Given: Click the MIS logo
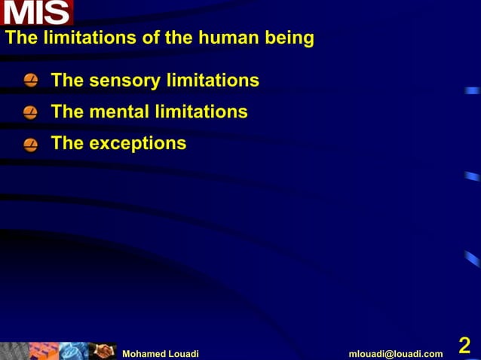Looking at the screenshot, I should (x=37, y=13).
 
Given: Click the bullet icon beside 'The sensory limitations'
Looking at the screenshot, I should (x=30, y=81).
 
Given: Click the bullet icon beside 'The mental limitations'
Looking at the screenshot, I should (x=30, y=113).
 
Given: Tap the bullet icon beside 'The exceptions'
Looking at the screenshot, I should (x=30, y=144).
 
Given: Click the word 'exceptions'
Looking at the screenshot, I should (x=137, y=143).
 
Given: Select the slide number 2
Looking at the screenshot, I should (x=464, y=346).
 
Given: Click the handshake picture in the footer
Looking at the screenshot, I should (x=103, y=351).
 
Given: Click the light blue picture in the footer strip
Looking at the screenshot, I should (x=73, y=351).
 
